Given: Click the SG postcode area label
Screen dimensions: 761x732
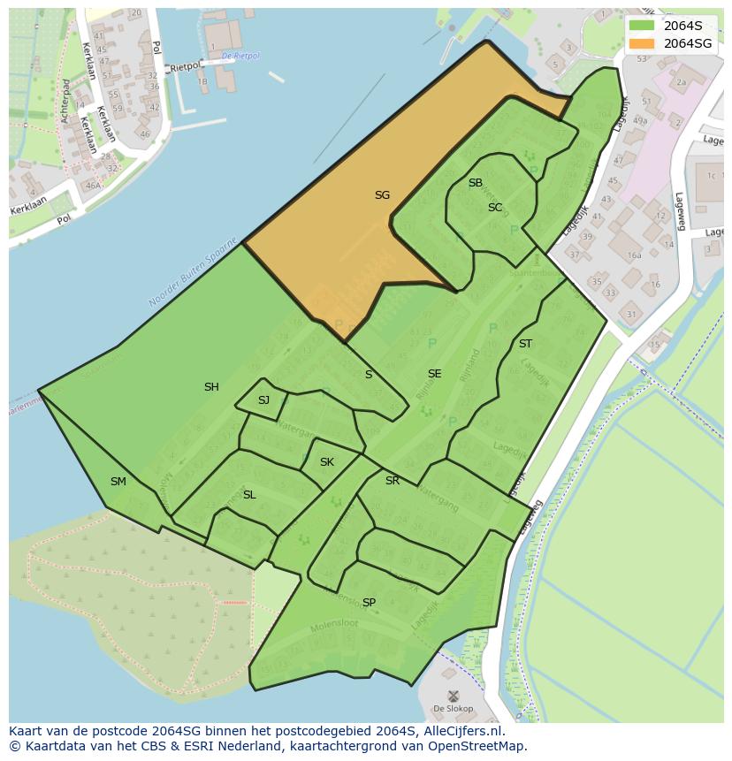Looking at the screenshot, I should point(382,195).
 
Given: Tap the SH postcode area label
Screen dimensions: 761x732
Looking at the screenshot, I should point(211,387).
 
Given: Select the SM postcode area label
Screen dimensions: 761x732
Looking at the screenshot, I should point(118,482).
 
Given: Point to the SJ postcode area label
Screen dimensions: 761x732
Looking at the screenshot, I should point(263,400).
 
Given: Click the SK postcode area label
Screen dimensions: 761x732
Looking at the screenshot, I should point(327,462).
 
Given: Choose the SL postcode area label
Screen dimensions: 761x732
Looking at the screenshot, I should point(249,495).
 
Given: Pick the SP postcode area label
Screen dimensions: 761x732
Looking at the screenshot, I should point(369,603).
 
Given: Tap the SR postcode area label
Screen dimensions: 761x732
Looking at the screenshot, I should point(393,481).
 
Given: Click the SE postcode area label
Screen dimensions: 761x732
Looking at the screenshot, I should point(434,374).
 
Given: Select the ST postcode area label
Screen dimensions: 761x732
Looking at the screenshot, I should point(525,344).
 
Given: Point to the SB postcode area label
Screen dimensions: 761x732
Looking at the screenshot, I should point(476,183).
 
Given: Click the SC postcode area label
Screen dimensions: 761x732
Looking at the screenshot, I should point(495,208).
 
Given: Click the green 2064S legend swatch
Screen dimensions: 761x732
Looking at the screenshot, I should point(642,26).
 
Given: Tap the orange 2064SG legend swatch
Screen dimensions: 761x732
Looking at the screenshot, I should point(642,43).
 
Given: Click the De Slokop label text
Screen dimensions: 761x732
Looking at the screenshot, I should point(453,709).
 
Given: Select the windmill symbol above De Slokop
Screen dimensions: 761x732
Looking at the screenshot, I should point(454,696).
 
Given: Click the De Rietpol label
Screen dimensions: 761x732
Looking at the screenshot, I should point(240,56).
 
